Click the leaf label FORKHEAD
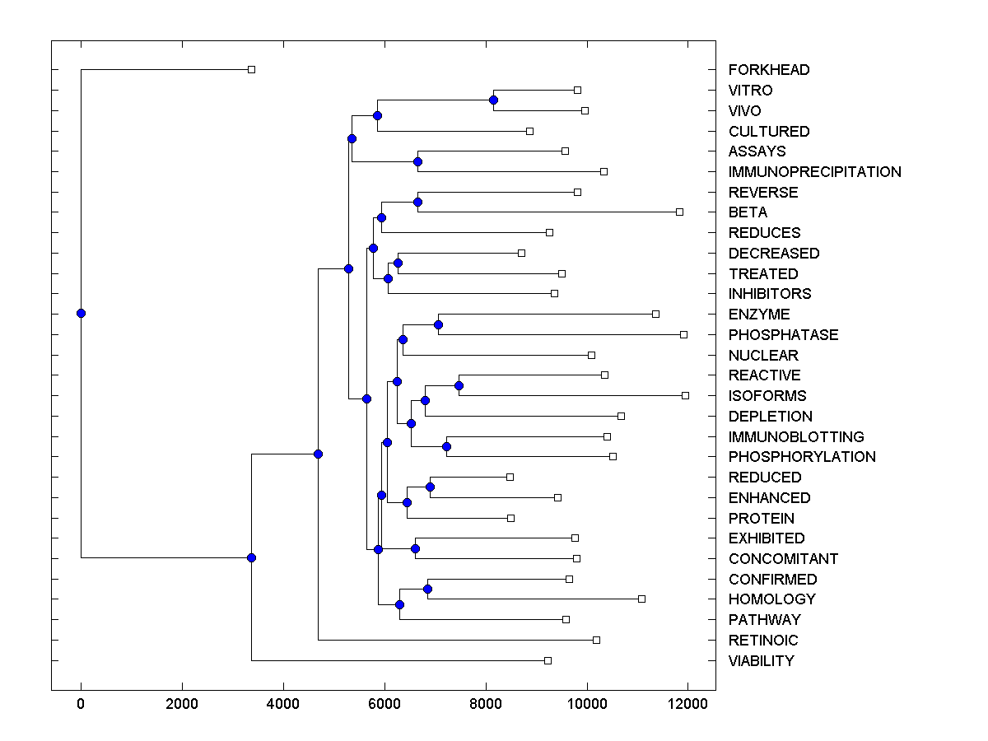768,70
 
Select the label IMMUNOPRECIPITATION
814,172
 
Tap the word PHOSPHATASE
783,335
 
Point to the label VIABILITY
761,661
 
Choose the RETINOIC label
763,641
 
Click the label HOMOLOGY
771,599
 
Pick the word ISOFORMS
767,396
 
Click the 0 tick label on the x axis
81,703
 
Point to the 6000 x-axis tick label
384,703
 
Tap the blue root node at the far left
81,313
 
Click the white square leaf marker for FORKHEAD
252,69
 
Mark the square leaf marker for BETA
679,212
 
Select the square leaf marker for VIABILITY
548,660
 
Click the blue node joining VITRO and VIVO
493,100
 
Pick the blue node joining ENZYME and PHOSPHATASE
438,324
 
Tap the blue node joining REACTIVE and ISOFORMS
459,385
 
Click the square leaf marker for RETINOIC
597,640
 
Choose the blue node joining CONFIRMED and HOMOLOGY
427,589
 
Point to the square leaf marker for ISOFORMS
685,395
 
